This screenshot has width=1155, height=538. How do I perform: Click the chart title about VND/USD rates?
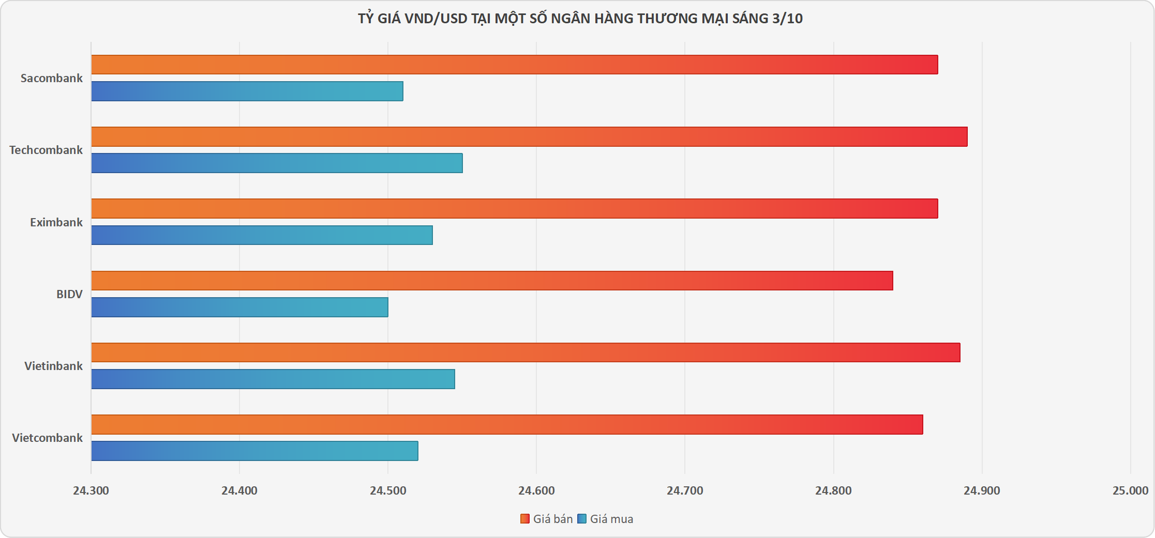point(580,19)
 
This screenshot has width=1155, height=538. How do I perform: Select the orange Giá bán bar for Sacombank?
point(515,65)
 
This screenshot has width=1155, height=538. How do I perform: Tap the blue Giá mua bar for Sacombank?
point(247,91)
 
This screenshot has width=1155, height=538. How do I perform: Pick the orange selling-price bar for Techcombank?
point(530,136)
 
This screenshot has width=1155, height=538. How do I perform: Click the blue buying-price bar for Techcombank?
point(277,163)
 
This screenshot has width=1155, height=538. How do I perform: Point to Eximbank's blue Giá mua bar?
point(262,235)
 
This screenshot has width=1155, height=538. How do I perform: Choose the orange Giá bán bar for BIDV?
point(492,281)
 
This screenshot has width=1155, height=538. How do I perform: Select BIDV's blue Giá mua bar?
point(240,307)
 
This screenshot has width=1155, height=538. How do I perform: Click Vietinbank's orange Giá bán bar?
point(526,352)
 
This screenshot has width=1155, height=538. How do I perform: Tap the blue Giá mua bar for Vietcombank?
point(255,451)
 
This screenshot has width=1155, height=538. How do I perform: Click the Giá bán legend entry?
point(547,519)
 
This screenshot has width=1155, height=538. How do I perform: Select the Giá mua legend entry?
point(605,519)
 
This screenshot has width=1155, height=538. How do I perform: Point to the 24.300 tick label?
point(91,490)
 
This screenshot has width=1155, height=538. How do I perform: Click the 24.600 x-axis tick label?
point(536,490)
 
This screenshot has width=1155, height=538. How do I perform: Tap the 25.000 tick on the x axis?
point(1131,490)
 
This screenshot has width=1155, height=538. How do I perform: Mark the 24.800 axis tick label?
point(833,490)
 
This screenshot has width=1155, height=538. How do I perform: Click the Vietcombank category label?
point(47,438)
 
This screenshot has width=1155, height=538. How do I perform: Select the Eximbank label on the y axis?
point(56,222)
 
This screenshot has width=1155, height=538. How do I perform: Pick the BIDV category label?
point(69,294)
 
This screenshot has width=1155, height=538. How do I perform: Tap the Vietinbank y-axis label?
point(53,366)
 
